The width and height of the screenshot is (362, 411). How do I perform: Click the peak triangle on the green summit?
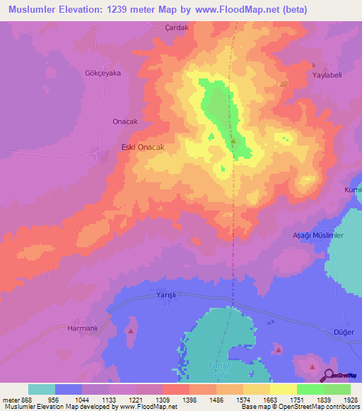click(x=233, y=140)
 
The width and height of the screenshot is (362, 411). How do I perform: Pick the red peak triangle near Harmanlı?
click(x=130, y=330)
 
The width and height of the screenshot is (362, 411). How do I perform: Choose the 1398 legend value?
click(x=189, y=400)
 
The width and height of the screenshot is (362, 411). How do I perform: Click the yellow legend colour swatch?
click(x=283, y=389)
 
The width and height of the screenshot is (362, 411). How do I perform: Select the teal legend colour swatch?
click(x=42, y=389)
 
